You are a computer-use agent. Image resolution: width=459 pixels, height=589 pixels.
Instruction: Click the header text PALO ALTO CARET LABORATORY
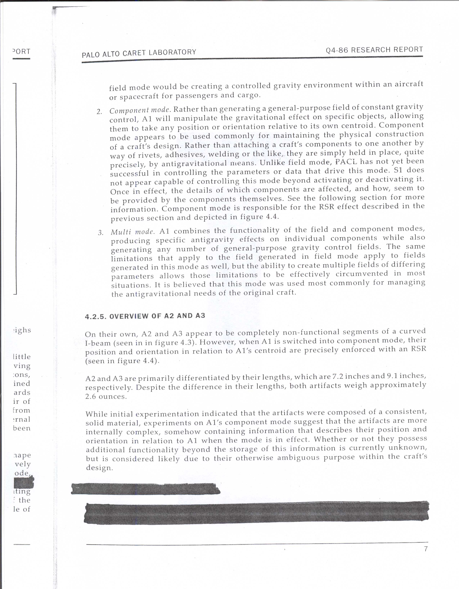pyautogui.click(x=139, y=53)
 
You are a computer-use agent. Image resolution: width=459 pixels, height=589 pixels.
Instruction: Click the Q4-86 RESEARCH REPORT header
pyautogui.click(x=374, y=50)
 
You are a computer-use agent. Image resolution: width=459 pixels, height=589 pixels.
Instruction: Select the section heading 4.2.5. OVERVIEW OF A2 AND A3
pyautogui.click(x=145, y=316)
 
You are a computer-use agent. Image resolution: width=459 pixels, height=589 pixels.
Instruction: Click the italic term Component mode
pyautogui.click(x=140, y=110)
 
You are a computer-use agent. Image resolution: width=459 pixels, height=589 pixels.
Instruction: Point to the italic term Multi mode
pyautogui.click(x=132, y=232)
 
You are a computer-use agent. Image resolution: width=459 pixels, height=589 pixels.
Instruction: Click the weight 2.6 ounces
pyautogui.click(x=106, y=397)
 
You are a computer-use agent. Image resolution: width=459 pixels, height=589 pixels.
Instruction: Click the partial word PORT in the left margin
pyautogui.click(x=22, y=51)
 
